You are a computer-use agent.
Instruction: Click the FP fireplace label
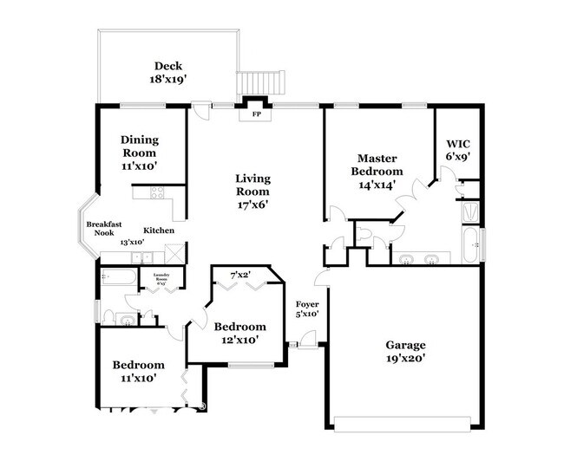[257, 114]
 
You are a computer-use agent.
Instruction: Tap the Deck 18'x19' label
[167, 72]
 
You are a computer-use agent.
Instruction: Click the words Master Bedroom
[377, 165]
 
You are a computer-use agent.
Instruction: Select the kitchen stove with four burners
[158, 194]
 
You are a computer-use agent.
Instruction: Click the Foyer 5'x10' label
[307, 308]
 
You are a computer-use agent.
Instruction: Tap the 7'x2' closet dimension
[240, 276]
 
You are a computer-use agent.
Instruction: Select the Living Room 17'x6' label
[252, 192]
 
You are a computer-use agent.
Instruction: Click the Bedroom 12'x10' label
[239, 332]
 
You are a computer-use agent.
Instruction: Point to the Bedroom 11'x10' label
[139, 371]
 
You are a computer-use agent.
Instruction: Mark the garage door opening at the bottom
[404, 424]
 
